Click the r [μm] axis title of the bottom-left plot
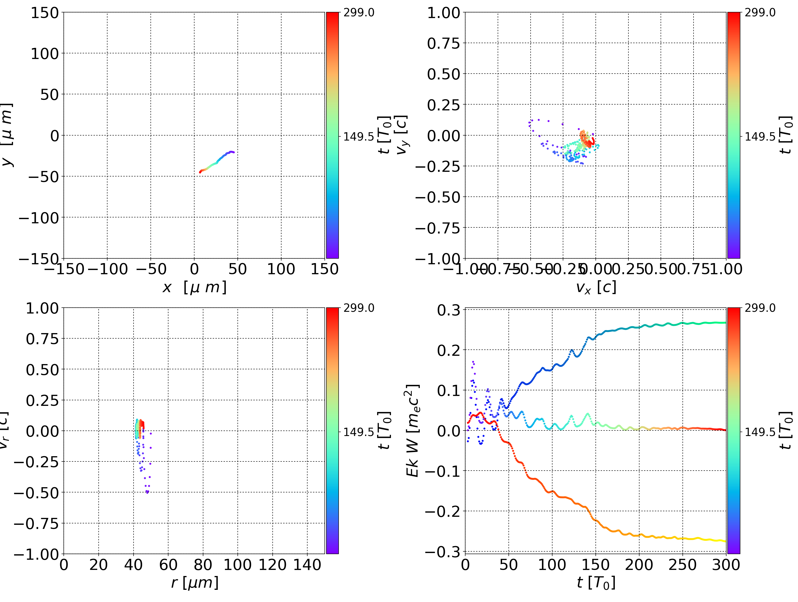pos(195,583)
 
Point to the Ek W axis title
pos(412,431)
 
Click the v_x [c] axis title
pos(596,287)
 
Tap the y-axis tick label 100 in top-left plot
pos(44,54)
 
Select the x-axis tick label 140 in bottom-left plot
pos(307,565)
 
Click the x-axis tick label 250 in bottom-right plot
pos(682,565)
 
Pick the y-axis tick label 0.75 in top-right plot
pos(444,43)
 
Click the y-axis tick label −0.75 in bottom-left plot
pos(36,523)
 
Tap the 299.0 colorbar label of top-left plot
pos(359,13)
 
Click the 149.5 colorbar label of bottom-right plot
pos(760,432)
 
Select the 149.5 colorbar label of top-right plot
pos(760,137)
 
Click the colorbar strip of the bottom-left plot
pos(332,430)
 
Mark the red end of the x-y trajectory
pos(200,172)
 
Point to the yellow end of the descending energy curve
pos(725,541)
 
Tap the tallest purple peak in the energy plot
pos(473,361)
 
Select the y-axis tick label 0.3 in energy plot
pos(448,310)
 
